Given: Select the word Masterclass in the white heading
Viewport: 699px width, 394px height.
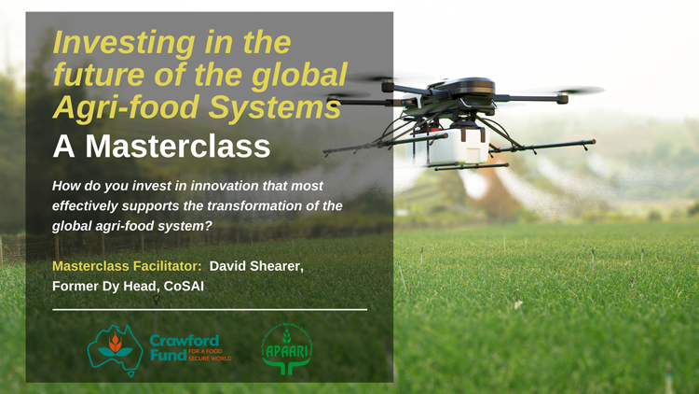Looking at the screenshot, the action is [177, 146].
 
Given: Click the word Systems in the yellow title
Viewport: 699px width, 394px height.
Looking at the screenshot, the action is [275, 107].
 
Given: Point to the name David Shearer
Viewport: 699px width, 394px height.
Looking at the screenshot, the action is [256, 266].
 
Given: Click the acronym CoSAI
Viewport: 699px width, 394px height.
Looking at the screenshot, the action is [184, 286].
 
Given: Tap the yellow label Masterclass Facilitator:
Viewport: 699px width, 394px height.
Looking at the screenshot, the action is [127, 266].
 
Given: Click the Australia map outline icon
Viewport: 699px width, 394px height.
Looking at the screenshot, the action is [115, 350].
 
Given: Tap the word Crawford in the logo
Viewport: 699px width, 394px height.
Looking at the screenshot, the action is [185, 341].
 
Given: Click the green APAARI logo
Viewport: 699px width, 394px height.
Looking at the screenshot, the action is [287, 349].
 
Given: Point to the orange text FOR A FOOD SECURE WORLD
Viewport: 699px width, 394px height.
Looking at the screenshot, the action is [210, 355].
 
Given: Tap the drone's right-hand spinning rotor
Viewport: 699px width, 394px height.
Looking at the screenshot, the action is [563, 91].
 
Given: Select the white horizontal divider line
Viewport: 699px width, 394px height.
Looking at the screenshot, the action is [210, 309].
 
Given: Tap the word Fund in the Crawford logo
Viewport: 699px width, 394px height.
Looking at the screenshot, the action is [169, 355].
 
